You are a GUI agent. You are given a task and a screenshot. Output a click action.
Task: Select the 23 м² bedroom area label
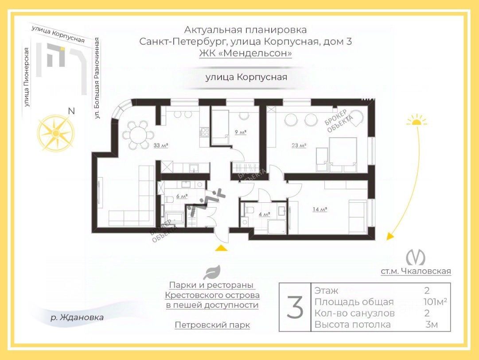point(299,145)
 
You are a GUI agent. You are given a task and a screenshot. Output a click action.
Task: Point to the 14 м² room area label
point(319,209)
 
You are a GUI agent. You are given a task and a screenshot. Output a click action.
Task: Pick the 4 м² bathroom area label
point(264,214)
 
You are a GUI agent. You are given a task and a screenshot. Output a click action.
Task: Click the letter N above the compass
point(71,111)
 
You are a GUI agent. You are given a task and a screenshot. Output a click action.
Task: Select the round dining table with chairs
point(138,134)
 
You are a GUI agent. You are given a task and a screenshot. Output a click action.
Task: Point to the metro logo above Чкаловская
point(416,258)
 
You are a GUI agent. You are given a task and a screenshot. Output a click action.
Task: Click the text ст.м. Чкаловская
point(416,271)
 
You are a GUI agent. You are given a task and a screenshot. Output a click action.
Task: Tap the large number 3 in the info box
point(295,307)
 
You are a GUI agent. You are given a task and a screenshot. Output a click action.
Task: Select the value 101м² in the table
point(435,302)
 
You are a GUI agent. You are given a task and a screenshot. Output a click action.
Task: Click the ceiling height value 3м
point(431,325)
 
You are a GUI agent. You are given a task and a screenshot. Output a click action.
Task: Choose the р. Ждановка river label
point(77,317)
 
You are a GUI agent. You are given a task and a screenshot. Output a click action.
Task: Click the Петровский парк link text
point(212,325)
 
